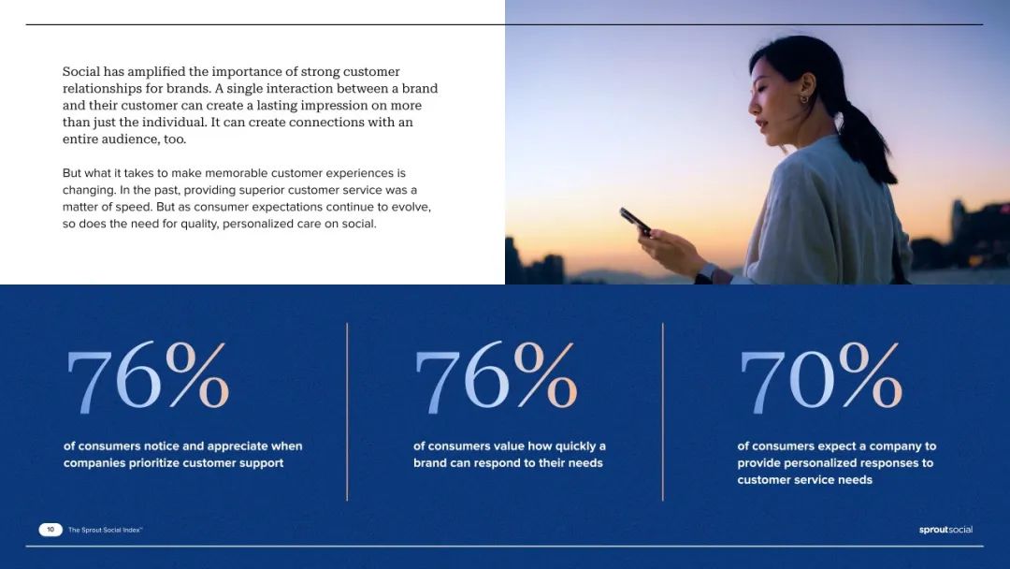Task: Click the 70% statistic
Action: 821,378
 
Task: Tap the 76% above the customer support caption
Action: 148,378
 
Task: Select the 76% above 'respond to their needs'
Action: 496,378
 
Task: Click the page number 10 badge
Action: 50,530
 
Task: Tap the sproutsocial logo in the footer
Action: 945,530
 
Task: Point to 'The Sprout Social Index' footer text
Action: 105,530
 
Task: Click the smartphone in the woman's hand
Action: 635,221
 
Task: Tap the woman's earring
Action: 804,98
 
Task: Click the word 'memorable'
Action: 236,173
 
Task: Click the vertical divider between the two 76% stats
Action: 347,412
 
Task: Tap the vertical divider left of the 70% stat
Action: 662,412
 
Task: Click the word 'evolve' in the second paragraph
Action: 410,208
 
